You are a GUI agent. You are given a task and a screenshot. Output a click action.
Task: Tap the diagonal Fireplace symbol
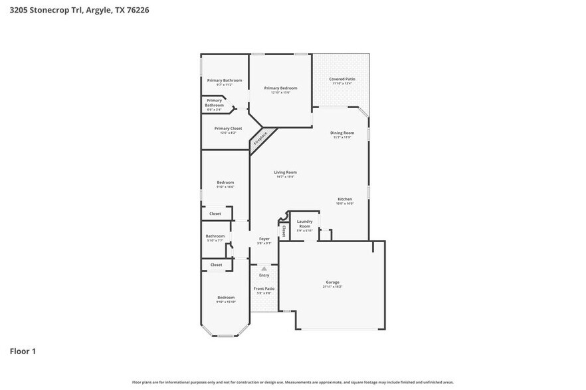point(260,139)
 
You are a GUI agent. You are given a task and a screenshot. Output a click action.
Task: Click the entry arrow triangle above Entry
point(264,269)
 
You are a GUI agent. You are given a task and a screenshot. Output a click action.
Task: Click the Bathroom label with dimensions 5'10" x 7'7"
point(215,237)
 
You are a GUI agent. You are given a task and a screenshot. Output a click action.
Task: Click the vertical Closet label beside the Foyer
point(284,231)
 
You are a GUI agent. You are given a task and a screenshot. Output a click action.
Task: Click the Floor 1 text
point(23,351)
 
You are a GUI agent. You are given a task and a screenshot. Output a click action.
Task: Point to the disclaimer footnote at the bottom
point(293,382)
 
